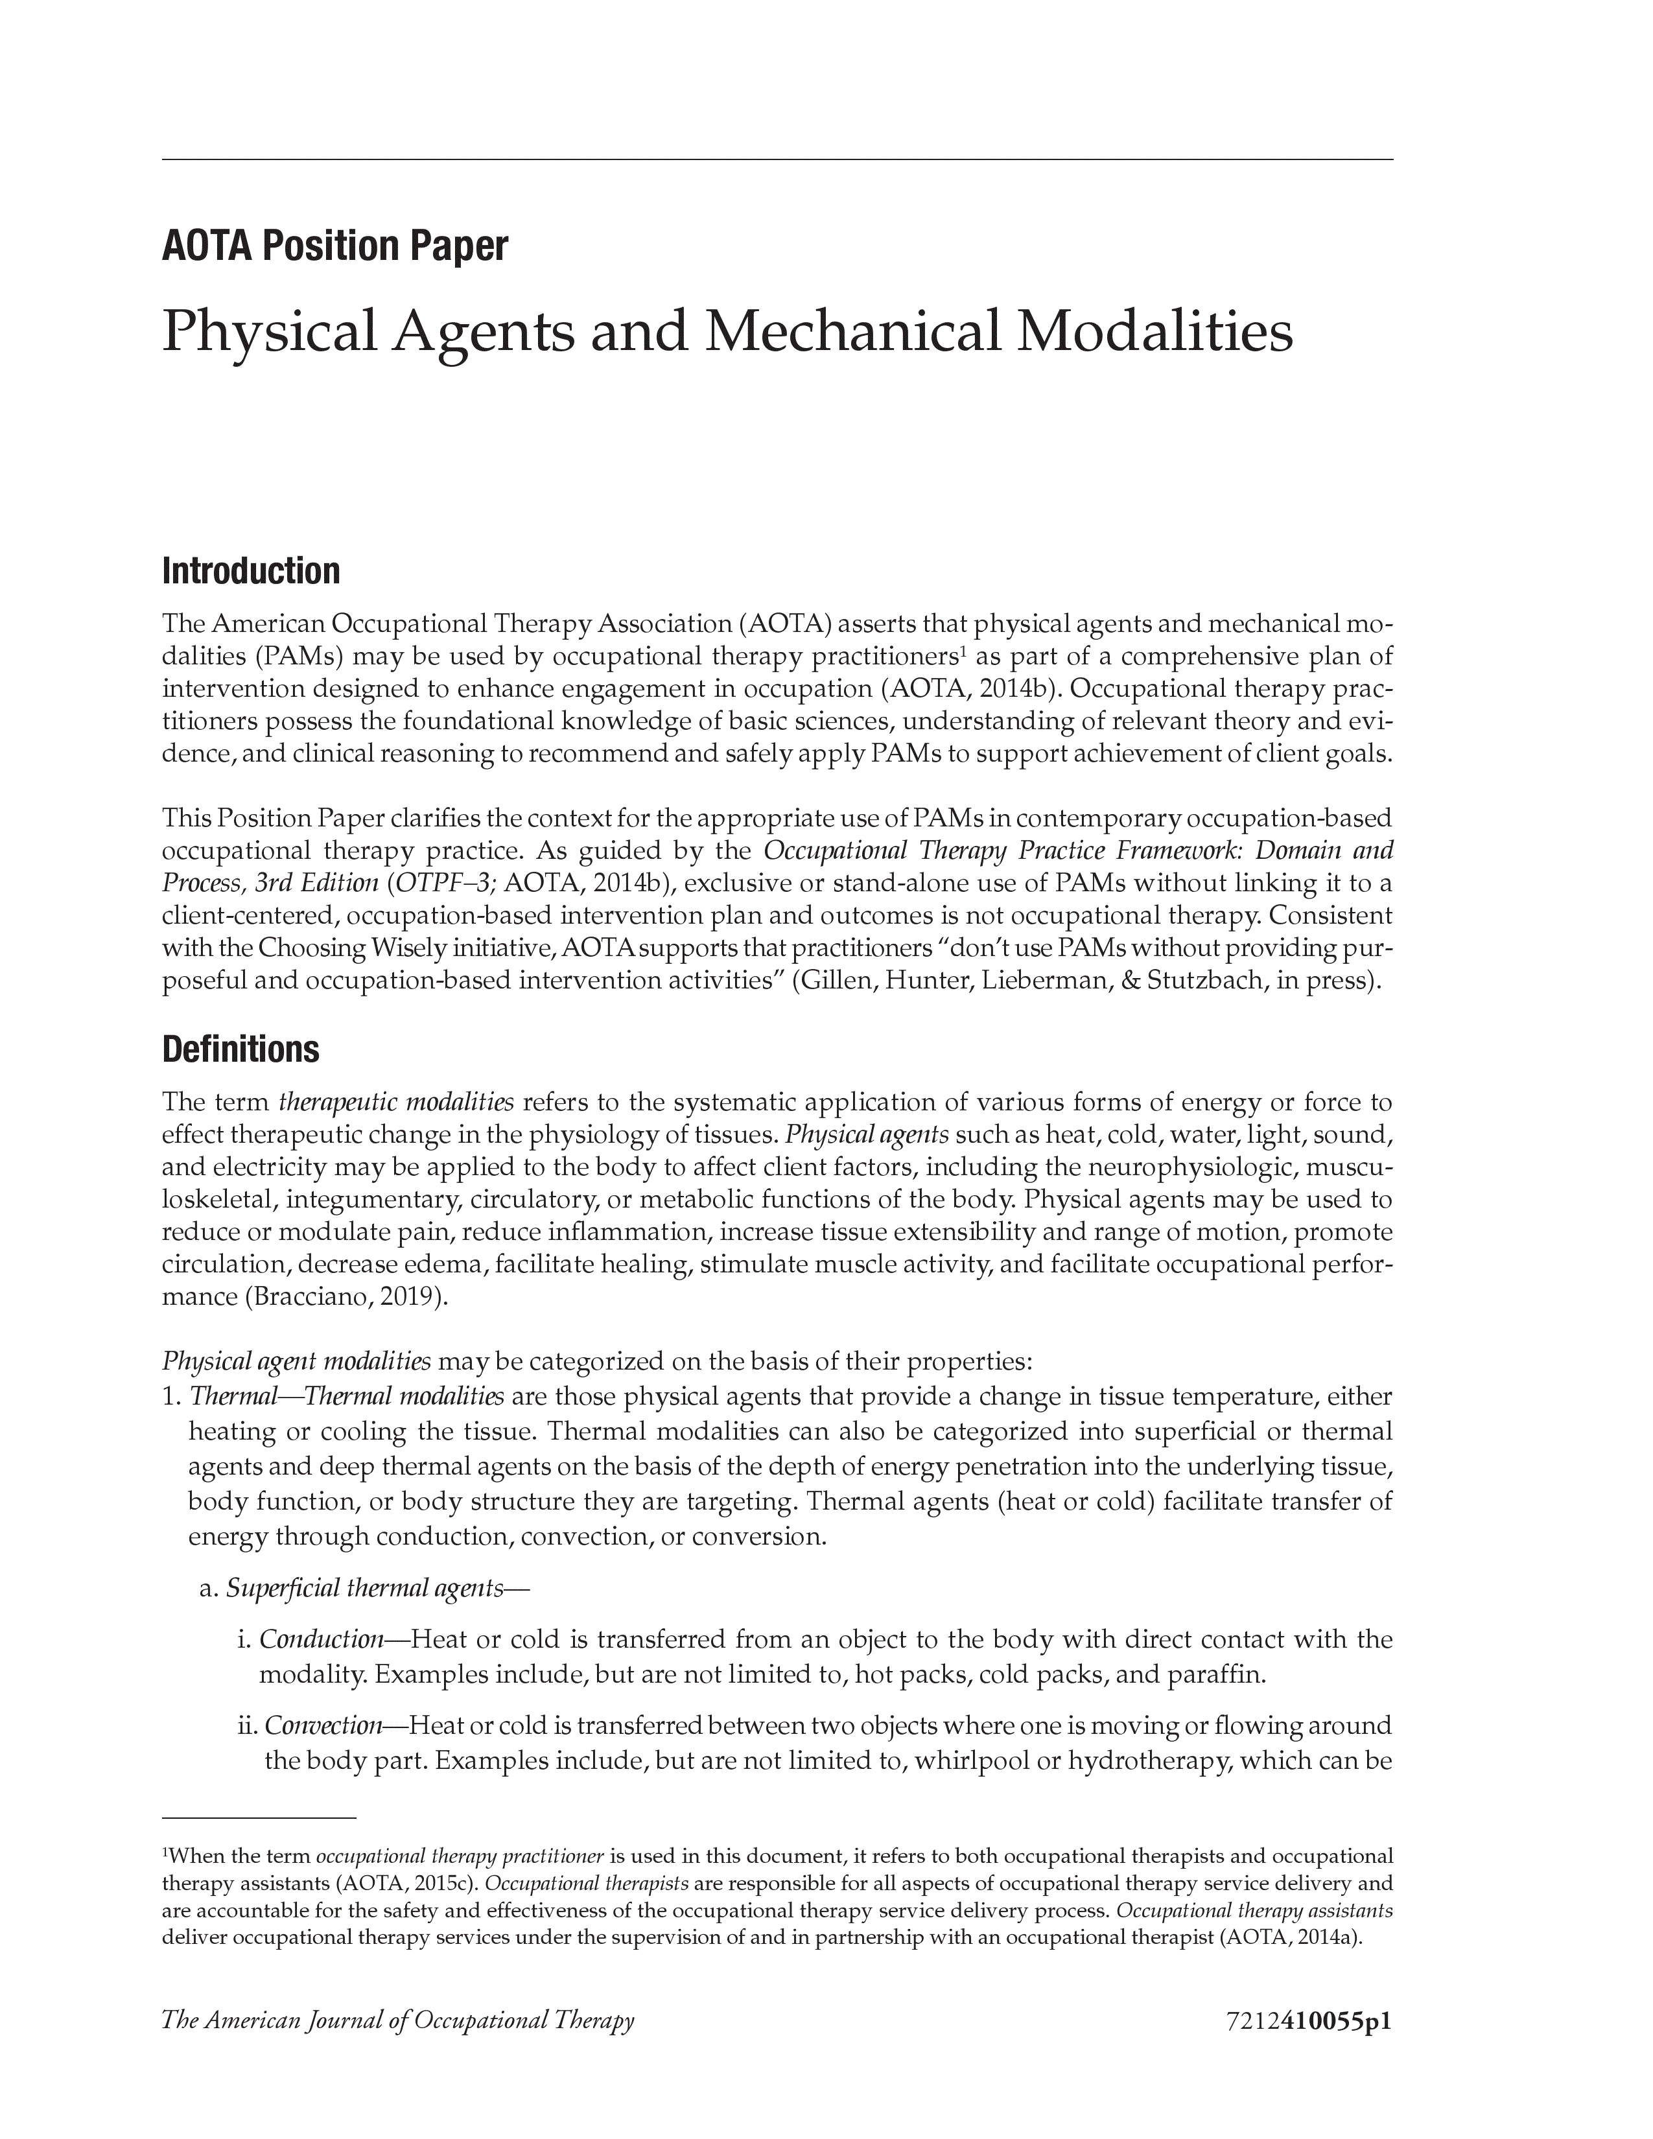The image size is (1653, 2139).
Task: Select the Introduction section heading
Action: tap(251, 571)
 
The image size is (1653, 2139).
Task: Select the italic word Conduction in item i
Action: tap(321, 1639)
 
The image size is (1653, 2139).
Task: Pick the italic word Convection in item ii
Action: tap(323, 1725)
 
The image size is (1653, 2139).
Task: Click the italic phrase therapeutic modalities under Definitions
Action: tap(397, 1103)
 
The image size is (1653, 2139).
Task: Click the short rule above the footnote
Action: tap(259, 1818)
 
